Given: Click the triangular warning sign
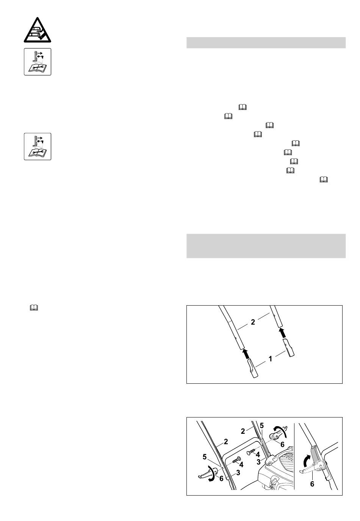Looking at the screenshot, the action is point(38,30).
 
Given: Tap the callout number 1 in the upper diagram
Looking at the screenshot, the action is point(270,359).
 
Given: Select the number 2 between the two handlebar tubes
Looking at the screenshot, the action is point(253,322).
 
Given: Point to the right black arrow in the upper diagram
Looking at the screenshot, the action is point(282,333).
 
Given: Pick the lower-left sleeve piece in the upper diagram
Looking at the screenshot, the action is point(252,368).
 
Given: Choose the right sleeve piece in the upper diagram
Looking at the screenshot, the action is point(288,347).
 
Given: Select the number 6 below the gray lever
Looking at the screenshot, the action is point(312,484).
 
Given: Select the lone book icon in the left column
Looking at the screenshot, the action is point(34,308).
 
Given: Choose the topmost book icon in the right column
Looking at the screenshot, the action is point(243,107).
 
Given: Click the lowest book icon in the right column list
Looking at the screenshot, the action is point(324,179).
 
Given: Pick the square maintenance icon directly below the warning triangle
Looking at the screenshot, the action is point(38,62).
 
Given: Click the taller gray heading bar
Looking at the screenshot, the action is point(266,246).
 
